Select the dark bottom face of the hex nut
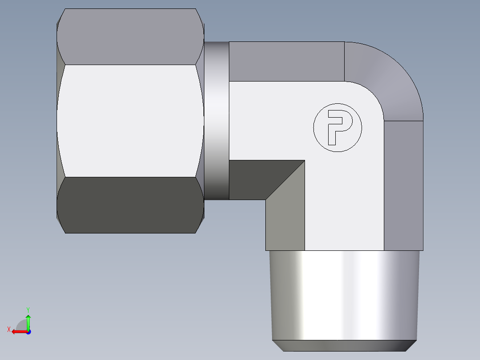click(x=129, y=205)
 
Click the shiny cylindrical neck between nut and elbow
click(x=216, y=120)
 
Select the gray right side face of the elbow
click(x=403, y=185)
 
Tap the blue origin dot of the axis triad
click(x=28, y=331)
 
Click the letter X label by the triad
click(x=9, y=329)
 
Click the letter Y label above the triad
click(x=28, y=309)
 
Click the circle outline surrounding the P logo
click(x=338, y=104)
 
